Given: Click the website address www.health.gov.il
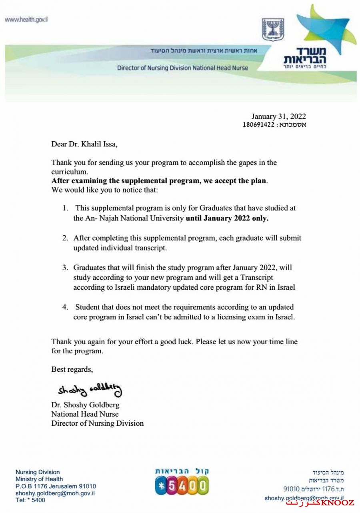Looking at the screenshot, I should [26, 20].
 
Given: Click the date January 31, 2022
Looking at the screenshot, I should [278, 117].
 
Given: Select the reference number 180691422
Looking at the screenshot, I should [259, 125].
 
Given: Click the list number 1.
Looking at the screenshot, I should [65, 208].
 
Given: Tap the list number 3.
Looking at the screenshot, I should [65, 267].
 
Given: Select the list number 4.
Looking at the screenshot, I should [65, 307].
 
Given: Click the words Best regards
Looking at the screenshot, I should [72, 369].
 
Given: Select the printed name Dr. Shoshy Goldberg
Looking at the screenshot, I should [85, 405].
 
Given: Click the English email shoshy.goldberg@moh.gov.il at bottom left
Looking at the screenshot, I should [55, 493].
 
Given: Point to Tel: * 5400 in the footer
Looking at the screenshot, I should [30, 500].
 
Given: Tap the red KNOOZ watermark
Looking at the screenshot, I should [320, 503].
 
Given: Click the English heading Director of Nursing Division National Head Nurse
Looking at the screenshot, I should [182, 68].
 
